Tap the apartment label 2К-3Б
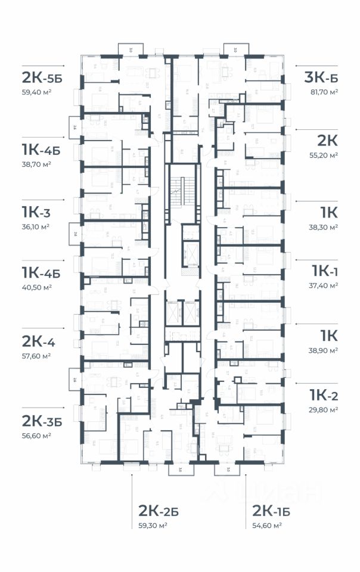(x=42, y=421)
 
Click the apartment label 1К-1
(x=325, y=272)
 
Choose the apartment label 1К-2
(x=324, y=394)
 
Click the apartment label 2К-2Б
(x=159, y=511)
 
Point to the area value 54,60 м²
(x=267, y=526)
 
